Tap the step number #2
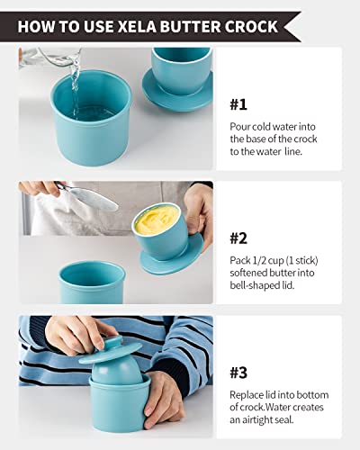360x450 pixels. pos(238,238)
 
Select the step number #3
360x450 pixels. pos(238,373)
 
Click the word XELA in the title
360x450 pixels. pos(132,26)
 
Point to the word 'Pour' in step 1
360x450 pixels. pos(238,124)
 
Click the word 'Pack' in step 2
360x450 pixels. pos(238,260)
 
